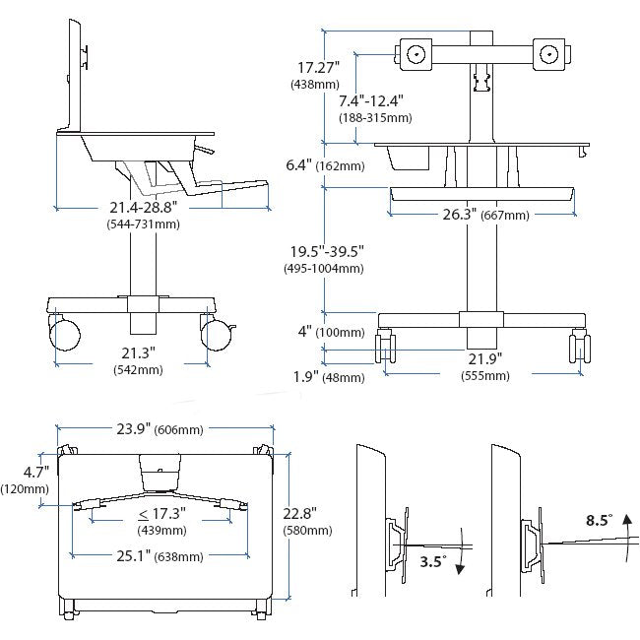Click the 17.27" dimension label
click(x=317, y=68)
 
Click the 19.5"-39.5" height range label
click(x=326, y=252)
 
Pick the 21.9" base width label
click(x=482, y=358)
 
